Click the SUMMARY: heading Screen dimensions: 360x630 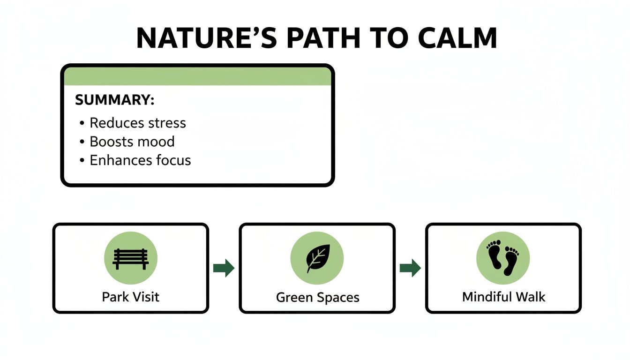click(115, 100)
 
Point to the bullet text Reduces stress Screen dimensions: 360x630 click(137, 123)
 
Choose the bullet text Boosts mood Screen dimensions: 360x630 click(132, 142)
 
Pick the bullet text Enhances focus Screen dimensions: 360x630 click(140, 160)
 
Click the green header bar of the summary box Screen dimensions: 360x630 click(197, 76)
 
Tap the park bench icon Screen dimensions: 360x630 click(130, 258)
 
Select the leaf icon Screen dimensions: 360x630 click(317, 258)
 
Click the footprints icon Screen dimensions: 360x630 click(503, 258)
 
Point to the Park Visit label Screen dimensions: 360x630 click(130, 297)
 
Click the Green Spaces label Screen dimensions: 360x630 click(317, 298)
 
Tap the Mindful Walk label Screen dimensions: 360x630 click(503, 297)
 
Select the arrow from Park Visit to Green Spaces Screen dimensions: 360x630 click(224, 268)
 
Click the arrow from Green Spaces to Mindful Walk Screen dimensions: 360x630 click(410, 268)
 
